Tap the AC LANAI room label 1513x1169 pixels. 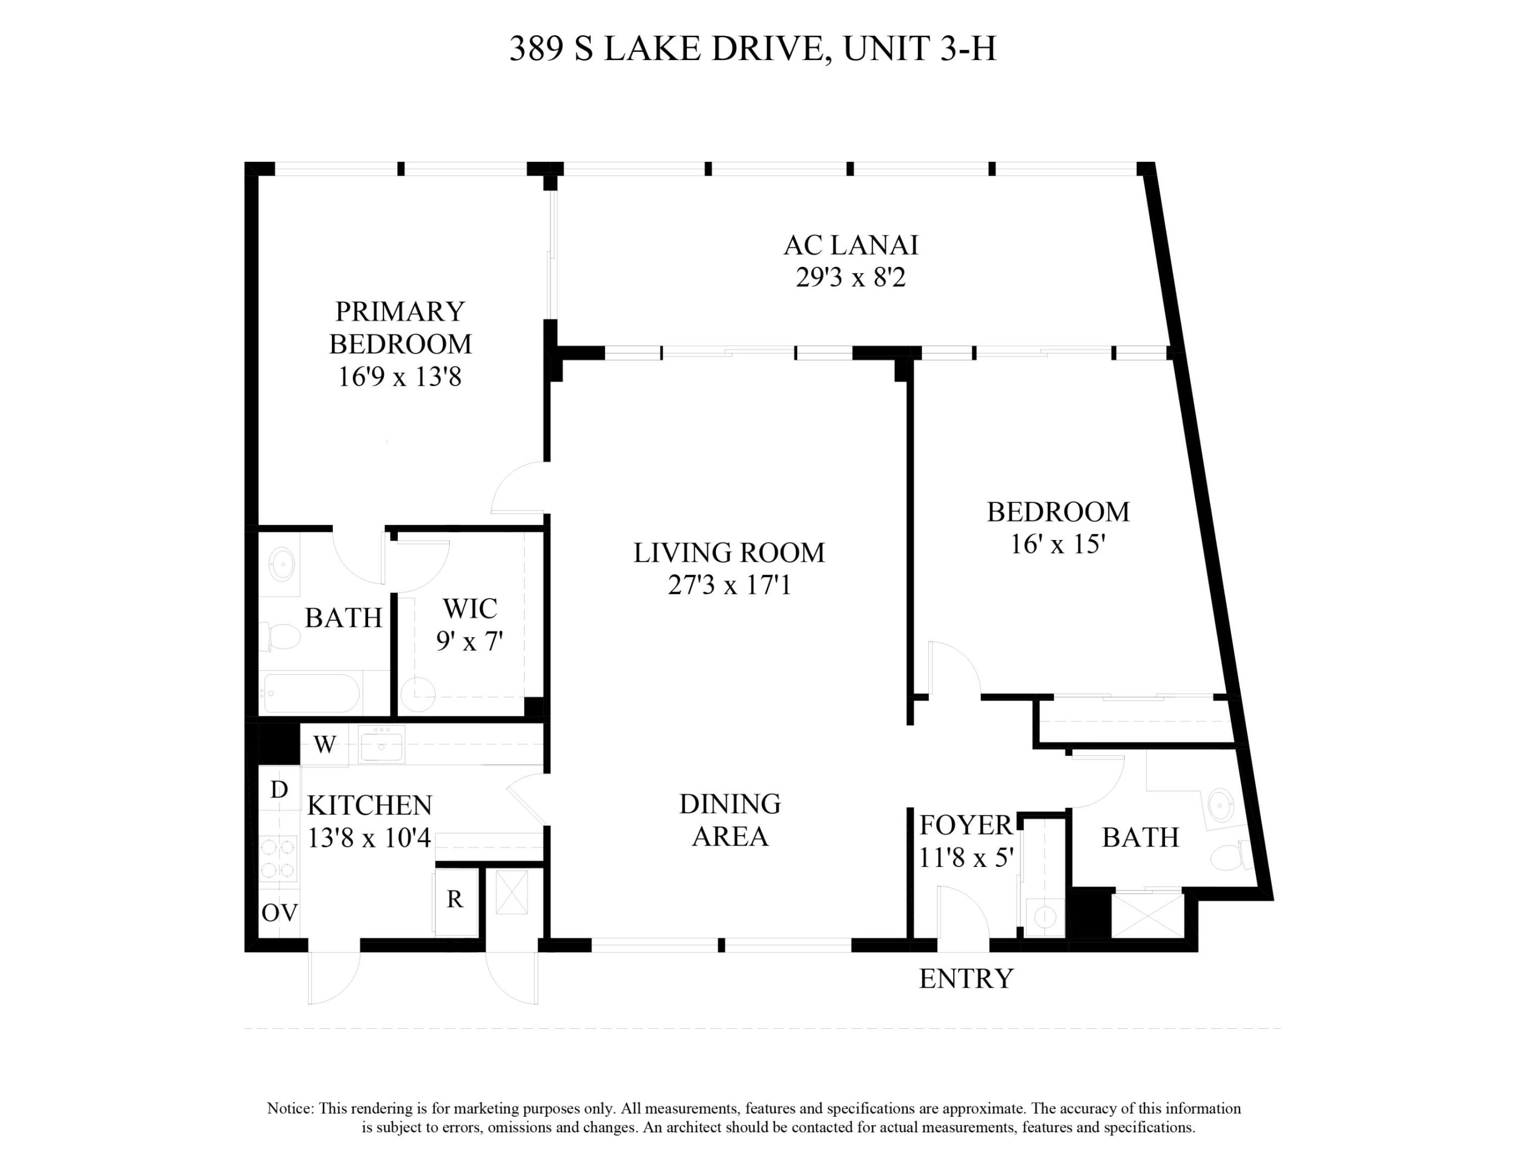(851, 245)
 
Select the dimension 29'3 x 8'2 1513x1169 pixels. (851, 278)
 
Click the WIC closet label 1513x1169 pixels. (470, 609)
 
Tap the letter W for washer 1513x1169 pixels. (324, 745)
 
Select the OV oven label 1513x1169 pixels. (279, 913)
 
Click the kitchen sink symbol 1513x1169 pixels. (381, 745)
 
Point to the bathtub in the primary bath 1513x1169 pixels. (312, 693)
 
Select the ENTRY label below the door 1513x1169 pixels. (966, 978)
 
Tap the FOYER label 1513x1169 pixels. (966, 825)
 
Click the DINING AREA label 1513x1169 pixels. (730, 820)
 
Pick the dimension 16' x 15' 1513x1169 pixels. (1057, 544)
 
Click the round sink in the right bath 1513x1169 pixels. (1221, 805)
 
